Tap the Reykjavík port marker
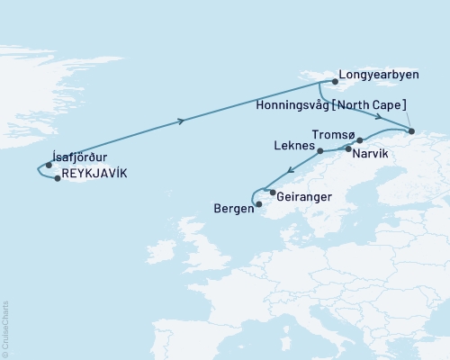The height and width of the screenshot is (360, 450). tap(58, 178)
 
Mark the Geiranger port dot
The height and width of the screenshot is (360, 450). tap(272, 192)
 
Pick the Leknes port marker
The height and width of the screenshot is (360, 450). tap(320, 152)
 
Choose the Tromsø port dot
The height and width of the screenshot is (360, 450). tap(359, 140)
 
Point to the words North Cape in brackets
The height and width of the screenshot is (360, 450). tap(383, 103)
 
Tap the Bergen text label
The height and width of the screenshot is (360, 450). tap(233, 209)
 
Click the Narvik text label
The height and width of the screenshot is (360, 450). tap(372, 154)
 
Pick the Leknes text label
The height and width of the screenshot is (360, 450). tap(292, 145)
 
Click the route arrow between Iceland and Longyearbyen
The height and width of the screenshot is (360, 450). tap(183, 121)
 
